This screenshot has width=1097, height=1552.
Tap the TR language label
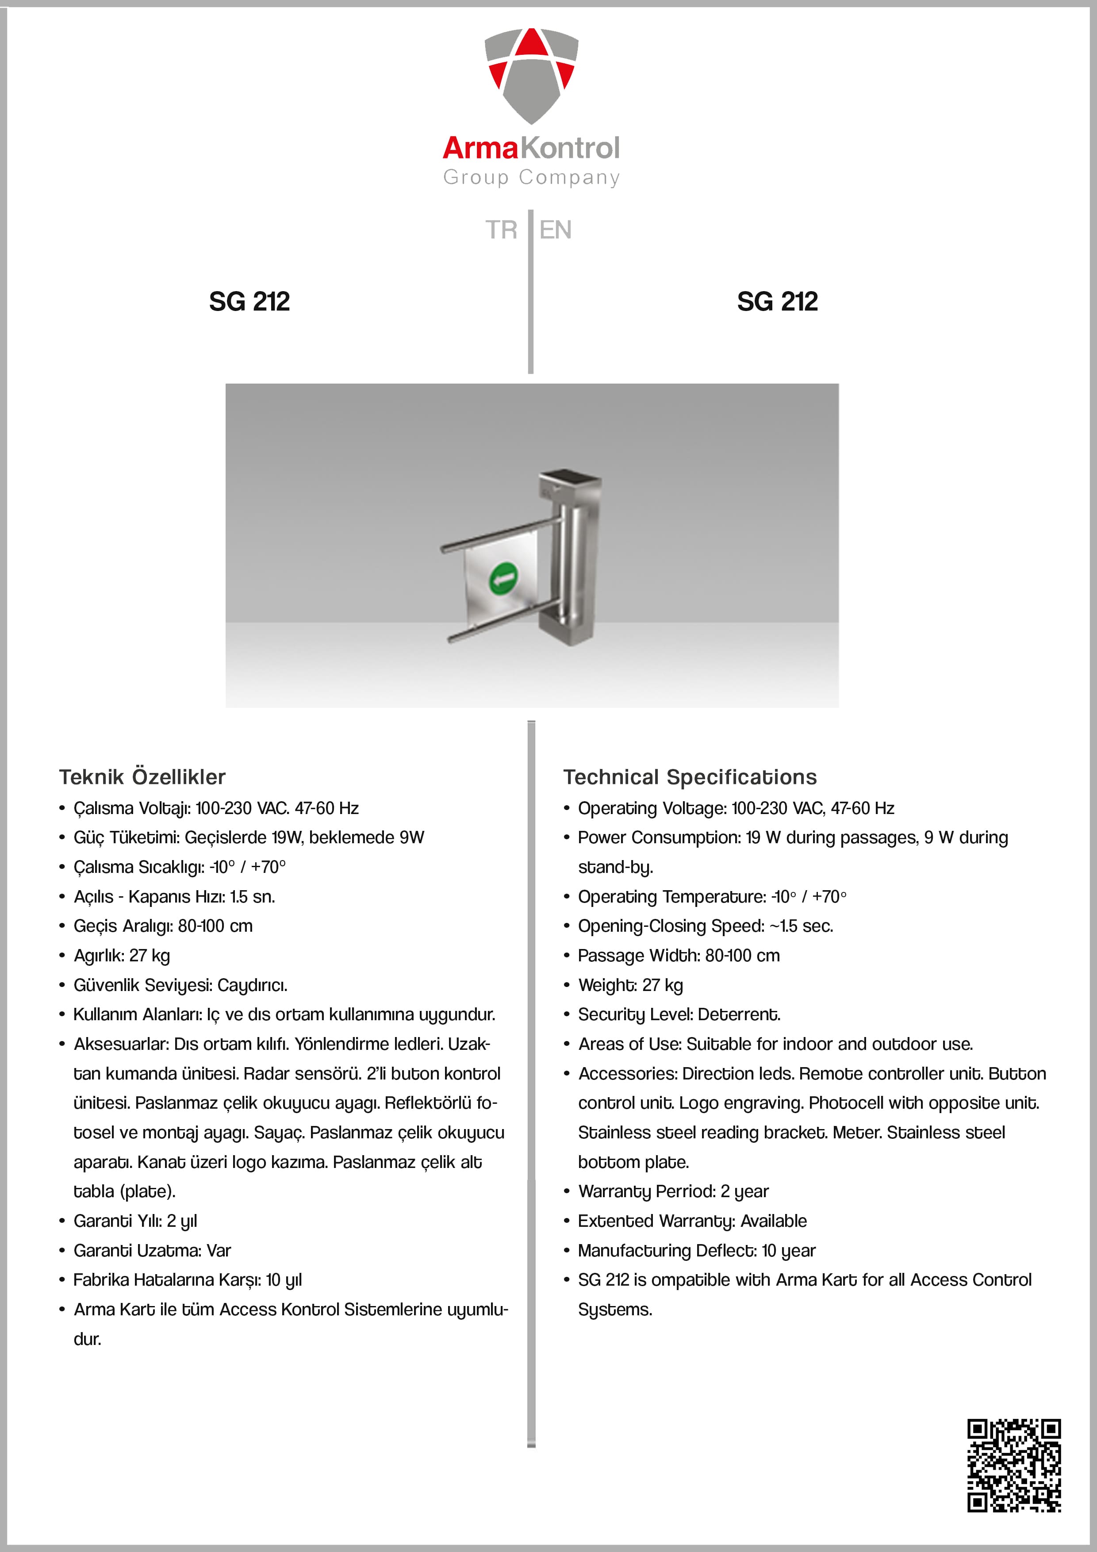pyautogui.click(x=501, y=230)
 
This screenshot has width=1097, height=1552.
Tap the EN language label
pyautogui.click(x=556, y=230)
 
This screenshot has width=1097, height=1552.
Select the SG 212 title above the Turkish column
pyautogui.click(x=249, y=301)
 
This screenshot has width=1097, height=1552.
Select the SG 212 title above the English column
pyautogui.click(x=777, y=301)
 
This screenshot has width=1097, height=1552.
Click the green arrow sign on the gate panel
pyautogui.click(x=503, y=579)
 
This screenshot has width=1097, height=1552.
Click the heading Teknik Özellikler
pyautogui.click(x=142, y=777)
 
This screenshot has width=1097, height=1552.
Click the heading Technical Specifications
pyautogui.click(x=690, y=777)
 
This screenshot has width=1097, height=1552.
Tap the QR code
pyautogui.click(x=1014, y=1465)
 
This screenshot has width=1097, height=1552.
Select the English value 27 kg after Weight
pyautogui.click(x=662, y=985)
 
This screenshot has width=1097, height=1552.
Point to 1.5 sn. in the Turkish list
pyautogui.click(x=252, y=896)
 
